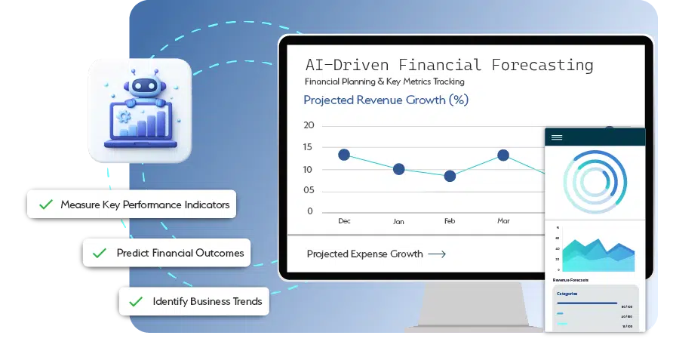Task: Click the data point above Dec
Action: tap(344, 155)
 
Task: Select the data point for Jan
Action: tap(399, 169)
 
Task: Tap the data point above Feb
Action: tap(450, 176)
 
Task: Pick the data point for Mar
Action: tap(503, 155)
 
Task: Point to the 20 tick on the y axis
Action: tap(308, 126)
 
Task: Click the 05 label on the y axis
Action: tap(308, 190)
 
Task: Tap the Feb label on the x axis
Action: tap(450, 222)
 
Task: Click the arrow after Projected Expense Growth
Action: tap(437, 254)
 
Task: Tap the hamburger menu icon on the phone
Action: tap(557, 137)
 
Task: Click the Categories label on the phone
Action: tap(567, 294)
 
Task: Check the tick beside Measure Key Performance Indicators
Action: tap(46, 205)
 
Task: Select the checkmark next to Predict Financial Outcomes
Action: tap(100, 254)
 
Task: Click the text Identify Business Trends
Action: tap(207, 301)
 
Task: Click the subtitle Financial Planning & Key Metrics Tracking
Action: tap(384, 82)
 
